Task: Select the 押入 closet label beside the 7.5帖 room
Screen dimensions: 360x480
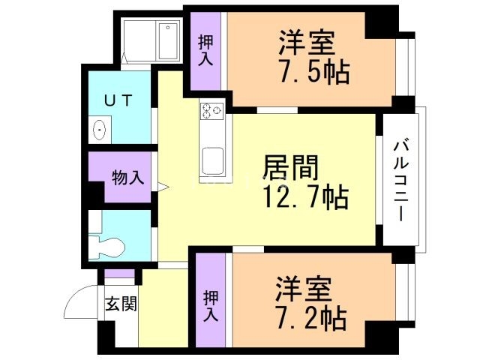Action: [x=206, y=49]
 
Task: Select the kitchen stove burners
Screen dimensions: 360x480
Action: [x=211, y=112]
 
